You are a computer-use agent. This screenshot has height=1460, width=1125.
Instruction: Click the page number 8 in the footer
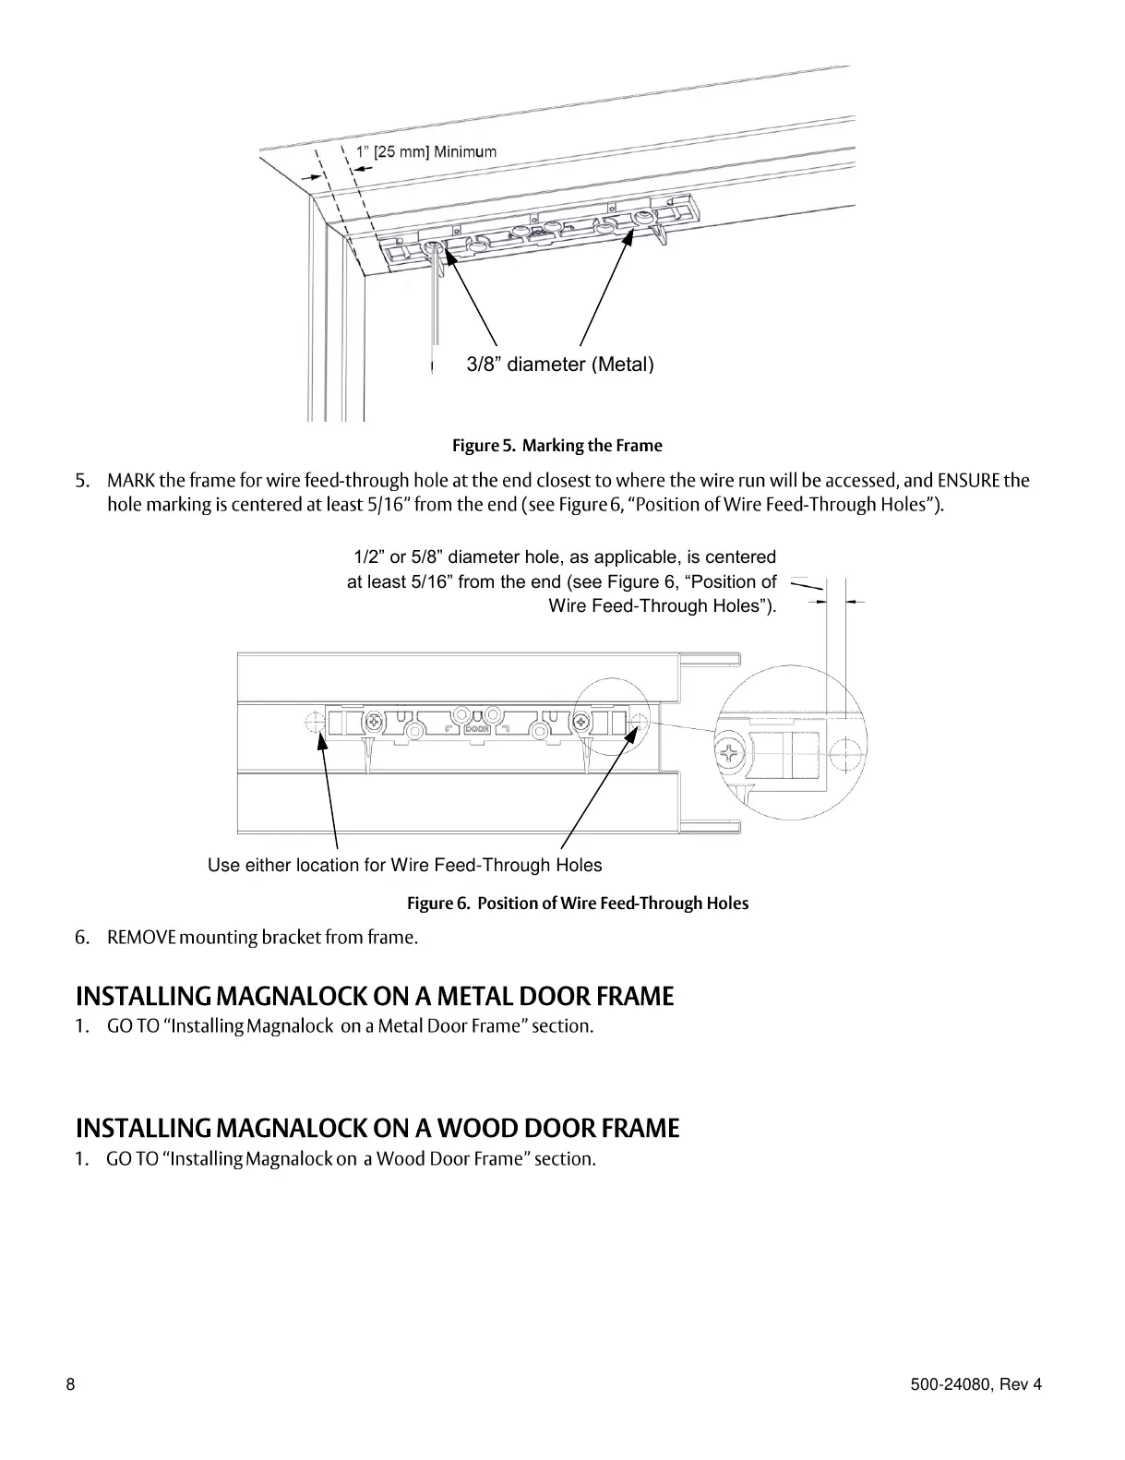[x=71, y=1384]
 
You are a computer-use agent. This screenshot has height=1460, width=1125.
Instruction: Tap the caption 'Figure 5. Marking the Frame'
[x=557, y=446]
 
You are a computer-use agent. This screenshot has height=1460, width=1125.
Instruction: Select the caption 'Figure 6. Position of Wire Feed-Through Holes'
[x=578, y=904]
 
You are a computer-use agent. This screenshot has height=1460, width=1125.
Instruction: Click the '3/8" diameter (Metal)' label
[x=560, y=365]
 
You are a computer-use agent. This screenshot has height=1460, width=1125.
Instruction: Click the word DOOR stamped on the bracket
[x=476, y=727]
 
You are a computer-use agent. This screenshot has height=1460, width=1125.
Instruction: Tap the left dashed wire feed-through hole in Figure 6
[x=314, y=720]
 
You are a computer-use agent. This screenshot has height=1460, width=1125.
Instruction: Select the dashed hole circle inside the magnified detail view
[x=844, y=756]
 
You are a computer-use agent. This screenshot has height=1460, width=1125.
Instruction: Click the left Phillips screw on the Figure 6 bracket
[x=375, y=720]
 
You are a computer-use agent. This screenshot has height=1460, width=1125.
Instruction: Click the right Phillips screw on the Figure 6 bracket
[x=581, y=720]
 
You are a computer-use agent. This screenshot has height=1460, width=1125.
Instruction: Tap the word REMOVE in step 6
[x=141, y=938]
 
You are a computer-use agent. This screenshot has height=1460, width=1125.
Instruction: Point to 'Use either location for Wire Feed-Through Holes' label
[x=404, y=866]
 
